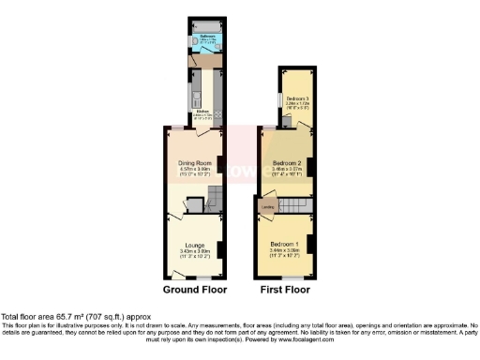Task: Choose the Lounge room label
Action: click(x=195, y=246)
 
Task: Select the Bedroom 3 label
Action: click(x=297, y=98)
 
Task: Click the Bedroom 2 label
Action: click(x=286, y=162)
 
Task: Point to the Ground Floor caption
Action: click(x=194, y=291)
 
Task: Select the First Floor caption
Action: click(x=284, y=291)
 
